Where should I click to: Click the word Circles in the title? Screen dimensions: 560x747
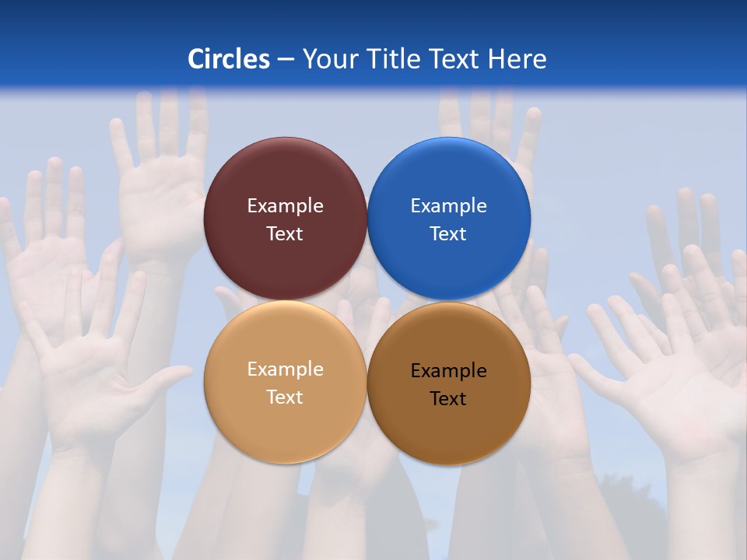(229, 59)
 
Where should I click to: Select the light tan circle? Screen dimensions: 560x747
(285, 428)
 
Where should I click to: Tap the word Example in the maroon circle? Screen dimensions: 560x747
(285, 206)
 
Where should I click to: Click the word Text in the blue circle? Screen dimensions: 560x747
(448, 234)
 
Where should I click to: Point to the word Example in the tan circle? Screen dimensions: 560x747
(285, 369)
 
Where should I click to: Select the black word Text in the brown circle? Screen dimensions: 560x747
(448, 399)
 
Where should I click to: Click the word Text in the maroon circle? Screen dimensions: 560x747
(285, 234)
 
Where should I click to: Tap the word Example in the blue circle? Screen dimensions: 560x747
(448, 206)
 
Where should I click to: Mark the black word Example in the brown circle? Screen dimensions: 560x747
(448, 371)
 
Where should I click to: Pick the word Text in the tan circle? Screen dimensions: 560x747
(285, 397)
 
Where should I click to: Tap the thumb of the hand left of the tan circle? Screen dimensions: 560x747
(167, 377)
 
